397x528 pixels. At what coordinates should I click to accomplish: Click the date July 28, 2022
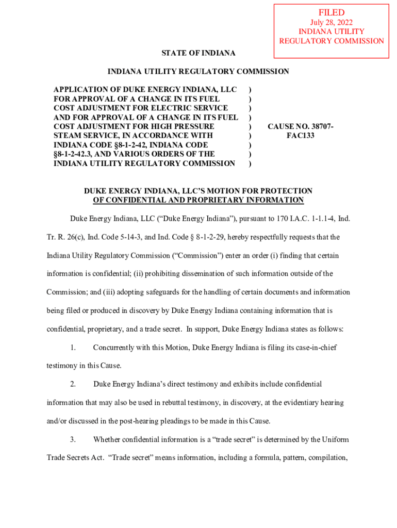coord(331,23)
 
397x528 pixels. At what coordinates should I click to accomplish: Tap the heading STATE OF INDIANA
coord(198,53)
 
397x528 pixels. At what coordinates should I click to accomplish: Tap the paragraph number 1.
coord(73,348)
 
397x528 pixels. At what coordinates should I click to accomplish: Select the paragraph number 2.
coord(73,384)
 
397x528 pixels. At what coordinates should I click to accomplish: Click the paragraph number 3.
coord(73,439)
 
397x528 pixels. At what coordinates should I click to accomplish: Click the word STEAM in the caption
coord(67,136)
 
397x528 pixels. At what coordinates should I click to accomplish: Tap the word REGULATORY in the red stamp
coord(303,41)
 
